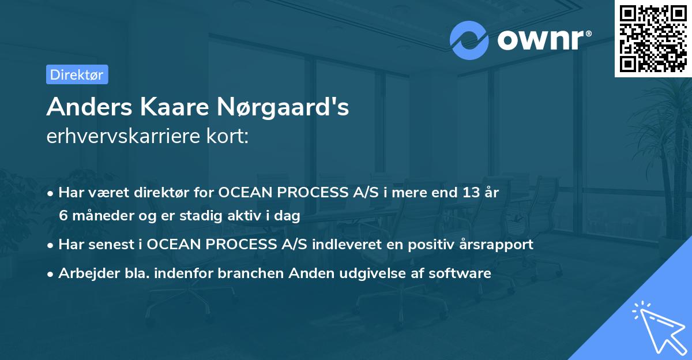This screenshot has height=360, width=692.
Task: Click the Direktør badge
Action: tap(77, 74)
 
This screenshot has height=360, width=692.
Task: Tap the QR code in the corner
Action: tap(653, 38)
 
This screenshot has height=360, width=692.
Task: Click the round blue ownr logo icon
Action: tap(469, 40)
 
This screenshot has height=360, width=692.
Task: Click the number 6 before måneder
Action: tap(63, 216)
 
